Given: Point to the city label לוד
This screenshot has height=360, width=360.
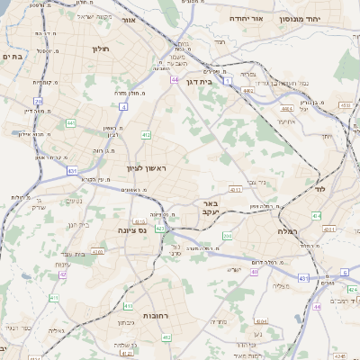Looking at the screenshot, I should [x=319, y=191].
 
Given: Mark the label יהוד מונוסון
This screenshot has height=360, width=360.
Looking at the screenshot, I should [x=320, y=18].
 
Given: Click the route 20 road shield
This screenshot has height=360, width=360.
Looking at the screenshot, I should [x=38, y=101].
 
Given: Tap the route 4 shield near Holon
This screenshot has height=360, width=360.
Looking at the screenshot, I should [x=122, y=106].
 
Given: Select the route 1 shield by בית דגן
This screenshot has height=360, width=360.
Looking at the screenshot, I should [x=229, y=82].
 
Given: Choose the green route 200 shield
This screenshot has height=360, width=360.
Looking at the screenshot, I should [x=228, y=236].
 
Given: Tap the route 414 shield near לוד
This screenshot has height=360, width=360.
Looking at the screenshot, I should [x=316, y=216].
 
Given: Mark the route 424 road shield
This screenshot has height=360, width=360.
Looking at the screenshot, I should [x=352, y=290].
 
